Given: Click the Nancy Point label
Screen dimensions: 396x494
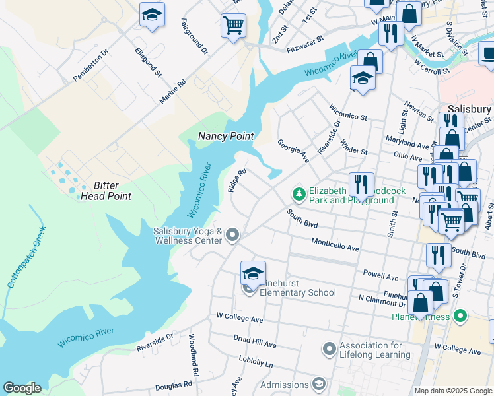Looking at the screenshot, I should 226,136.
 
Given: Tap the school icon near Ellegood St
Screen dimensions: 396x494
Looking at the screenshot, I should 153,16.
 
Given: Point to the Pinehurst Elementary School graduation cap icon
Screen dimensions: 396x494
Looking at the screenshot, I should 253,273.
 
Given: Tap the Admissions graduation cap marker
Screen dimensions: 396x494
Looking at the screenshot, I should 319,384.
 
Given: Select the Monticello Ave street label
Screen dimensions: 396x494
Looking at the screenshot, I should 335,245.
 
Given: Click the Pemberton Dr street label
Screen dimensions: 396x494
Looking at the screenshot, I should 90,64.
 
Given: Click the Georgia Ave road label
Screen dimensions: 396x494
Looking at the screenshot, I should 293,151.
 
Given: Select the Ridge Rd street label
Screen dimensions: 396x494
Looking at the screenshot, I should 237,180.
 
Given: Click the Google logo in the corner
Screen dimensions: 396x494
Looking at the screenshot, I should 22,388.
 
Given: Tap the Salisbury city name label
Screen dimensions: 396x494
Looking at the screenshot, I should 470,109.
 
